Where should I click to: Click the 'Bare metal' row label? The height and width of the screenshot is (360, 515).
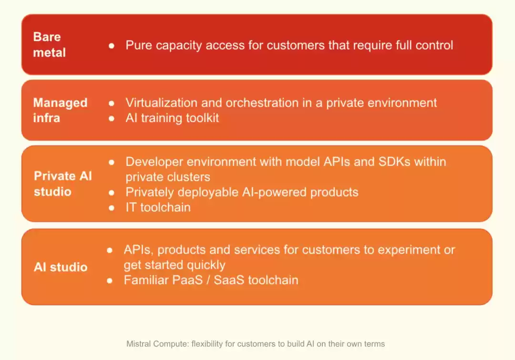(x=49, y=45)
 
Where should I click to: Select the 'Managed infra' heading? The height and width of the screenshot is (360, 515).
(x=61, y=110)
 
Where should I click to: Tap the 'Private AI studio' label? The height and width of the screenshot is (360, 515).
(x=63, y=184)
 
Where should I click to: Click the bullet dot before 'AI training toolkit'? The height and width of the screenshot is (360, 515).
(x=112, y=118)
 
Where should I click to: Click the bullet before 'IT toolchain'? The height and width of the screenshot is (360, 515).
(x=112, y=207)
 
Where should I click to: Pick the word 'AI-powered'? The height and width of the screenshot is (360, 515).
(x=274, y=192)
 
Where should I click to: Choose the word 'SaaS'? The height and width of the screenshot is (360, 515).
(x=229, y=280)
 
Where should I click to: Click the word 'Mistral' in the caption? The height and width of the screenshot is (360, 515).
(x=139, y=344)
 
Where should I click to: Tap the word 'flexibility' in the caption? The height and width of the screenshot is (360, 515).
(x=207, y=344)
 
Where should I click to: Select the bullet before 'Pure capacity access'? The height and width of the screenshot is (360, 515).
(x=112, y=46)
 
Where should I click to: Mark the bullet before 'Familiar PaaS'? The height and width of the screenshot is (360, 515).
(x=110, y=280)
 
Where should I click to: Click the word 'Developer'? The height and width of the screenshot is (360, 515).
(x=154, y=162)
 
